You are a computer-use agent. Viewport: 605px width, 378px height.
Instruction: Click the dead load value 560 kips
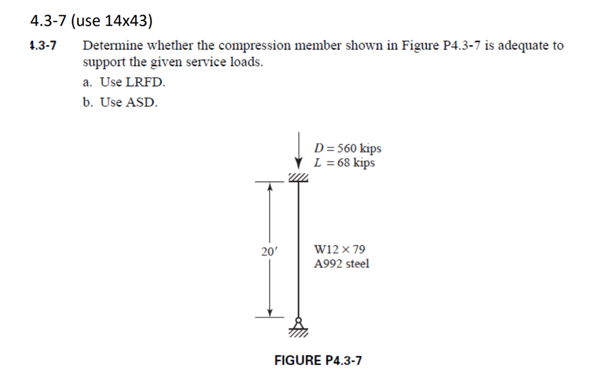click(x=359, y=148)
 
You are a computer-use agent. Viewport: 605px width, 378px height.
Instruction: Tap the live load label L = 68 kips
click(x=344, y=163)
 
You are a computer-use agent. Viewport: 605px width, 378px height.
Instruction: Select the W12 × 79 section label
click(x=340, y=249)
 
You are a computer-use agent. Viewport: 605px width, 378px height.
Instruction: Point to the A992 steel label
click(x=341, y=263)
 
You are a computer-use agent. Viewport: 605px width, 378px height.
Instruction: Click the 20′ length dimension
click(x=269, y=251)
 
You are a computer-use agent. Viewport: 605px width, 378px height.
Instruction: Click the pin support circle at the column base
click(x=299, y=320)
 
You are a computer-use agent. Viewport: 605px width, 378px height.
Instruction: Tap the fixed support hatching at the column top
click(x=299, y=178)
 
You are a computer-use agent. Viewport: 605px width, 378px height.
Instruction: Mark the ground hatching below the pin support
click(x=299, y=333)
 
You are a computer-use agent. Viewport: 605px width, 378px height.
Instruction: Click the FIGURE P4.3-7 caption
click(x=318, y=360)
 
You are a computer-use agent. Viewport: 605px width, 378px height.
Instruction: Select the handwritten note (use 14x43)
click(x=112, y=21)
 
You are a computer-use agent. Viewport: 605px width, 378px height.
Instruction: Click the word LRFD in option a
click(x=146, y=82)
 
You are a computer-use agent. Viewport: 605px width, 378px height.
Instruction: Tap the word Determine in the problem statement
click(x=113, y=46)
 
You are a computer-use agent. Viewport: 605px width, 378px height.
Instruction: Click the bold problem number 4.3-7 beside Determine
click(x=43, y=46)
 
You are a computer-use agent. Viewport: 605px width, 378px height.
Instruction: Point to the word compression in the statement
click(x=255, y=46)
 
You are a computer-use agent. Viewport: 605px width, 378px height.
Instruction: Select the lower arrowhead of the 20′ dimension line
click(x=269, y=313)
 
